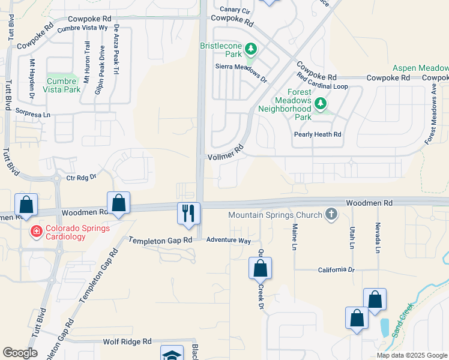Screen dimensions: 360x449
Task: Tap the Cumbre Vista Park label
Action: (x=62, y=85)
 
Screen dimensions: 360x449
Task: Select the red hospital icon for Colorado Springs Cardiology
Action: (x=35, y=230)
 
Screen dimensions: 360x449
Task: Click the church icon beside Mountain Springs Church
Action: (x=330, y=214)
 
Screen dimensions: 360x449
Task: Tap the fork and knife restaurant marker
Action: (x=188, y=213)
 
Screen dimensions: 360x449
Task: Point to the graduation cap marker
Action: (x=172, y=354)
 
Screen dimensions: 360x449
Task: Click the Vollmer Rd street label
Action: (x=225, y=152)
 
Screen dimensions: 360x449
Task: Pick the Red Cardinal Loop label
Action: (x=322, y=86)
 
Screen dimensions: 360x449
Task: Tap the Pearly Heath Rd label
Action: (x=318, y=134)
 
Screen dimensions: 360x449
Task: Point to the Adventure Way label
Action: (x=228, y=240)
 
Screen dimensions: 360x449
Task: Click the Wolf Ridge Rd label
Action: (x=127, y=341)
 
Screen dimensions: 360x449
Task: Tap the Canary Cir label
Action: (x=235, y=10)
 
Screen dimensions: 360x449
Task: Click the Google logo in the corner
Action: (x=20, y=353)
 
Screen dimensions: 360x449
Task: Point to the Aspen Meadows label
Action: (x=420, y=69)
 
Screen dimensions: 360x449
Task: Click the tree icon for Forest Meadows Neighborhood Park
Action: (x=321, y=105)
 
